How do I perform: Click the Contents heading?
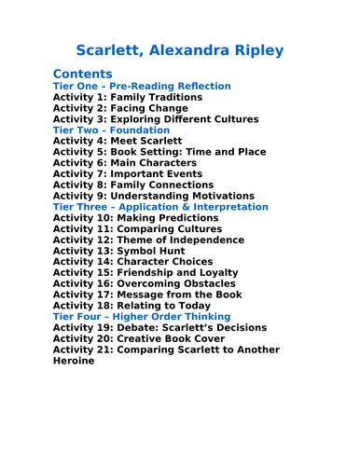(83, 74)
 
